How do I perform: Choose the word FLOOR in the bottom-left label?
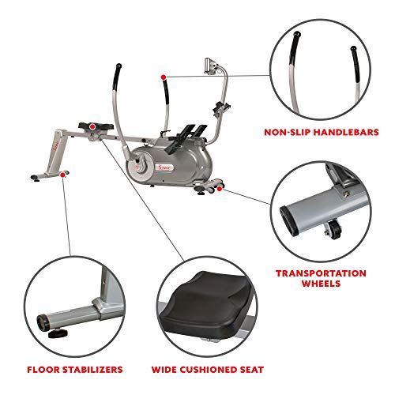(x=40, y=369)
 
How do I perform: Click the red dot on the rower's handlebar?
(x=163, y=77)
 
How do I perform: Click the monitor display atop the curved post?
(x=212, y=62)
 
